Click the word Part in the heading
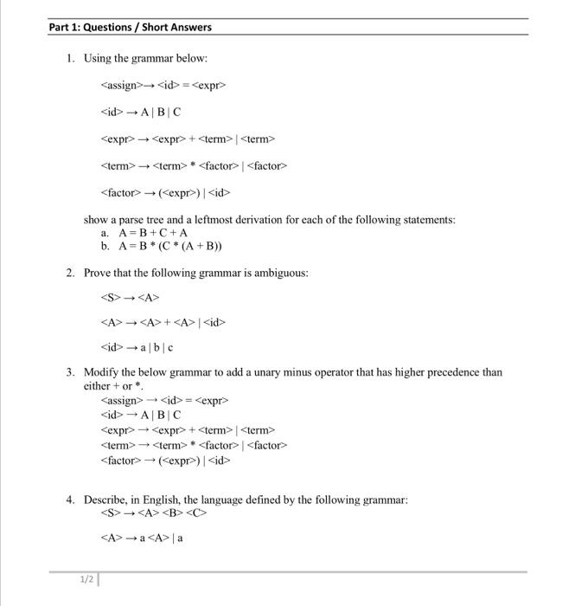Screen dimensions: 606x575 tap(61, 27)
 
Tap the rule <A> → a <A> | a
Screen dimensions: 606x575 tap(142, 538)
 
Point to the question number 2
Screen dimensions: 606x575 tap(70, 273)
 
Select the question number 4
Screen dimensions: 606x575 tap(70, 500)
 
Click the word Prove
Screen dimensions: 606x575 tap(98, 273)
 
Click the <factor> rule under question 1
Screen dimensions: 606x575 tap(165, 192)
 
